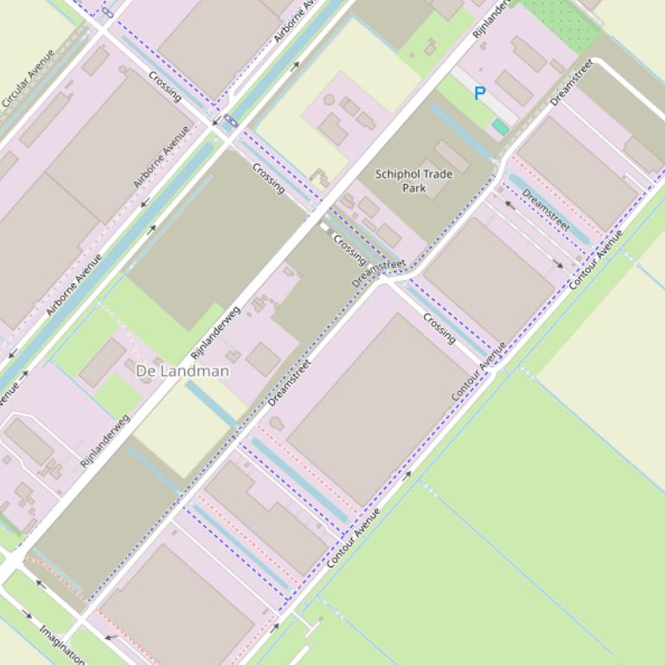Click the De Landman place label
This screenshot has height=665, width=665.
click(x=182, y=371)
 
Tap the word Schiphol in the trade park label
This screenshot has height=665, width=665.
click(x=400, y=174)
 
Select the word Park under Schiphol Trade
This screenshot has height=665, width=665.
click(x=414, y=187)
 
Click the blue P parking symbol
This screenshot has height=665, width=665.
click(x=480, y=93)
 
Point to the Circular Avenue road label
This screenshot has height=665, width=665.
click(x=28, y=79)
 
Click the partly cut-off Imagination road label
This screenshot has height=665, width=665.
click(x=61, y=643)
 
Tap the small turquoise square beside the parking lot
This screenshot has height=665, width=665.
click(x=500, y=127)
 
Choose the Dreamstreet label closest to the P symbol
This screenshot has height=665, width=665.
click(x=572, y=82)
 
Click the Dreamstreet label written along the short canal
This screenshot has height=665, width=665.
click(x=547, y=210)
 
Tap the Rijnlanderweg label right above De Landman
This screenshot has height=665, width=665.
click(x=215, y=332)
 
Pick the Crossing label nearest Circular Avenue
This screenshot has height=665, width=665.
click(x=164, y=85)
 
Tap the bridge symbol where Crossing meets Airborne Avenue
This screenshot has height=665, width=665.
click(x=229, y=122)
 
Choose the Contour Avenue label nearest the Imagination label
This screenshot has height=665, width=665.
click(x=355, y=537)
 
